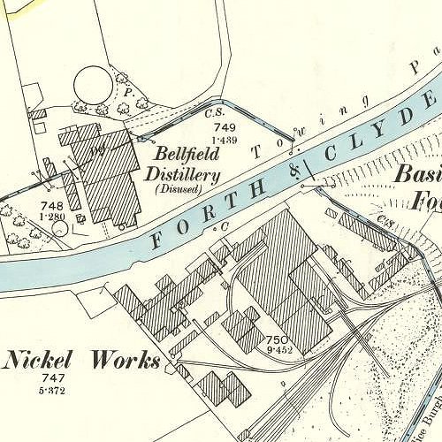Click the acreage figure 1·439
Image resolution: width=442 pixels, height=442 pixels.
(225, 141)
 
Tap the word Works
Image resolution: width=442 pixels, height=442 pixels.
(127, 361)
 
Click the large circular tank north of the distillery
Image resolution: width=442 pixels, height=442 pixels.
(94, 86)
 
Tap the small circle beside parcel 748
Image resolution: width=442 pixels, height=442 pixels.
(58, 228)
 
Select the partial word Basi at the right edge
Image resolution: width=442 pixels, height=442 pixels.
(415, 173)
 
